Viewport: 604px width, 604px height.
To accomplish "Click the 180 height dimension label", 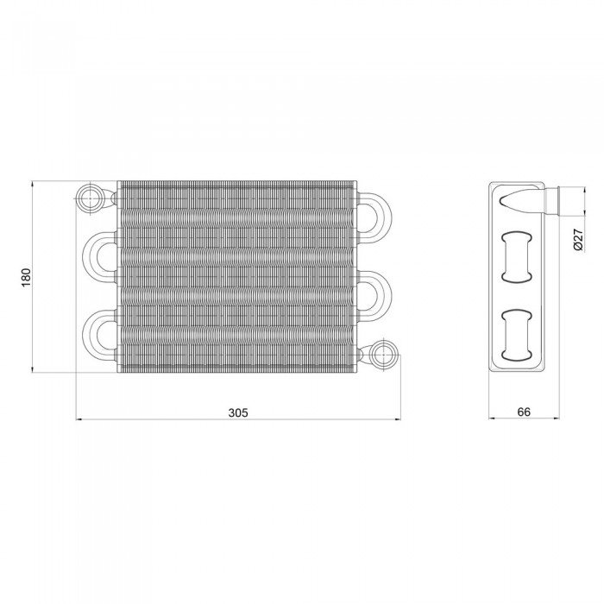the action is (26, 277).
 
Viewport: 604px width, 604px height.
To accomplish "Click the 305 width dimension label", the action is (238, 412).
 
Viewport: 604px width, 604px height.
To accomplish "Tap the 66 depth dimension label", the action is (524, 412).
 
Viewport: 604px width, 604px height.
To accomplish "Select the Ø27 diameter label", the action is (579, 239).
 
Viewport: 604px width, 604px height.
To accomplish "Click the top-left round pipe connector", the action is (90, 198).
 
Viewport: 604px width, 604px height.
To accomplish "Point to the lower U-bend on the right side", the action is (387, 293).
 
